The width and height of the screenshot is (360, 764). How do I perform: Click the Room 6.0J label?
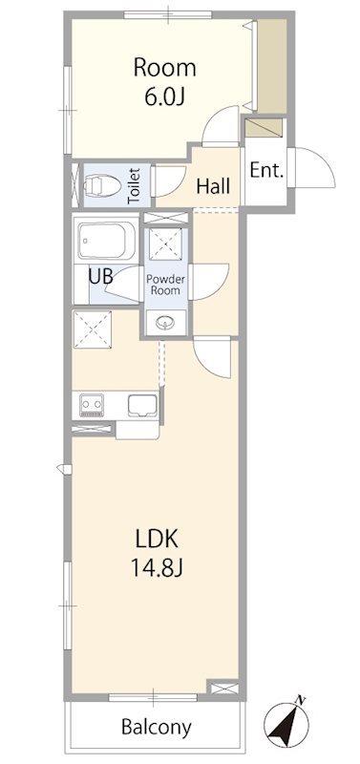tap(164, 81)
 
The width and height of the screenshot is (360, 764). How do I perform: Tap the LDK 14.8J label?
tap(157, 553)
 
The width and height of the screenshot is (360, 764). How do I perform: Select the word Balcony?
tap(156, 728)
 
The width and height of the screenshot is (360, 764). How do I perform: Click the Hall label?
tap(213, 185)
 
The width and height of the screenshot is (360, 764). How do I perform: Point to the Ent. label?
tap(266, 171)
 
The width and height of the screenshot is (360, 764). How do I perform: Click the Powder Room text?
tap(166, 285)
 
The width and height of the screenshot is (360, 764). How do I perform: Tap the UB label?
tap(101, 277)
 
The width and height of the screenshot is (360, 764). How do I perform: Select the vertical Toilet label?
tap(134, 185)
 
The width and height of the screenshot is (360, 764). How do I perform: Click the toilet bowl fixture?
tap(102, 185)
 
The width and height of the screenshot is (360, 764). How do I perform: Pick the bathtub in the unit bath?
tap(107, 242)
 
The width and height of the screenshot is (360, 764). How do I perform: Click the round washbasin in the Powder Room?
tap(166, 322)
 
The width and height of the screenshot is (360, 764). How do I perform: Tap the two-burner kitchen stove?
tap(92, 405)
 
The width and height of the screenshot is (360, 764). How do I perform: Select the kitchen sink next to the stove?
tap(142, 405)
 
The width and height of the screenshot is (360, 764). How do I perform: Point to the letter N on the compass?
tap(301, 701)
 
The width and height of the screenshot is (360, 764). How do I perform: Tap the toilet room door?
tap(169, 180)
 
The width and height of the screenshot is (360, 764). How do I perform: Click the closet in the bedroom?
tap(272, 66)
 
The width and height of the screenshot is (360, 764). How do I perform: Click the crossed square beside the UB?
tap(93, 329)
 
